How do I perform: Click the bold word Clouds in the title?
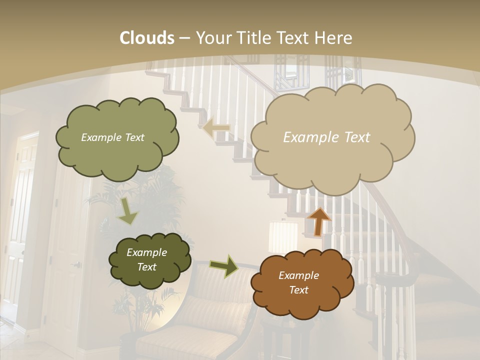[x=146, y=38]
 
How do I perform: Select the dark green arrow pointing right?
[x=224, y=266]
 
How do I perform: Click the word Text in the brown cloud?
[x=299, y=290]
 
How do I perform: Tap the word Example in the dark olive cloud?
[x=146, y=252]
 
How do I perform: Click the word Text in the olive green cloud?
[x=133, y=137]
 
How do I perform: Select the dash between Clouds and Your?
[x=184, y=38]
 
